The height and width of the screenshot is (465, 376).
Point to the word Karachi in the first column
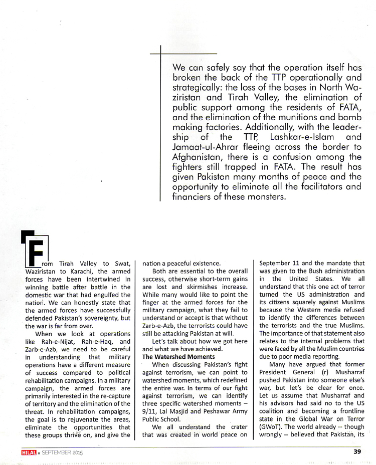[x=79, y=271]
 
